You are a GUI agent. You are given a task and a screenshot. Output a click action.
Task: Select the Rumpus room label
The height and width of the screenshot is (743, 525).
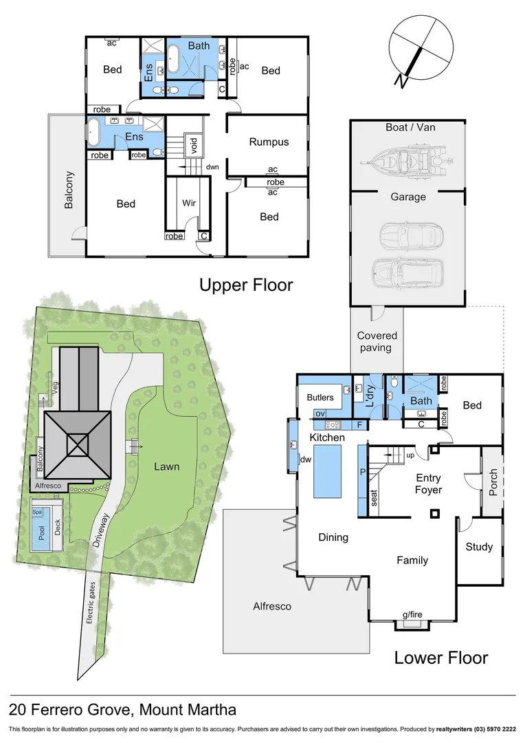click(269, 142)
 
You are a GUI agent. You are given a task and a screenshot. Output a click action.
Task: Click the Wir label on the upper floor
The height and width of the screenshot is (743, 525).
click(189, 204)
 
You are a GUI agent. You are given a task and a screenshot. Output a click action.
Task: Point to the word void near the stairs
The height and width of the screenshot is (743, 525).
click(194, 144)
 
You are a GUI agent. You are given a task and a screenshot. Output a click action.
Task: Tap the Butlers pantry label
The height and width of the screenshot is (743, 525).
click(320, 397)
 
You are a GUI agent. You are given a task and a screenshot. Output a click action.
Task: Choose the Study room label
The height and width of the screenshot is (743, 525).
click(479, 547)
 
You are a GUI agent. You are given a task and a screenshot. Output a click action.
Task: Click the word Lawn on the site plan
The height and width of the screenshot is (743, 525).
click(166, 466)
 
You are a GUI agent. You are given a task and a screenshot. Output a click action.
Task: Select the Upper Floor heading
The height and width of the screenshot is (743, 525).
click(246, 285)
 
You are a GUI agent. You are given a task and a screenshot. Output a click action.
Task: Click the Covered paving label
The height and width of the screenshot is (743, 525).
click(377, 341)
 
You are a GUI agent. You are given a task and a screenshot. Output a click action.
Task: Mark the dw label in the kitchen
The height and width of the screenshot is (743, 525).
click(306, 460)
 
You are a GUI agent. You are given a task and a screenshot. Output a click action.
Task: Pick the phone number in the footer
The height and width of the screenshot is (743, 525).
click(490, 729)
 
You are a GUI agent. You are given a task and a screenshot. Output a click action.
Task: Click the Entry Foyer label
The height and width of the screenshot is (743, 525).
click(428, 484)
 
